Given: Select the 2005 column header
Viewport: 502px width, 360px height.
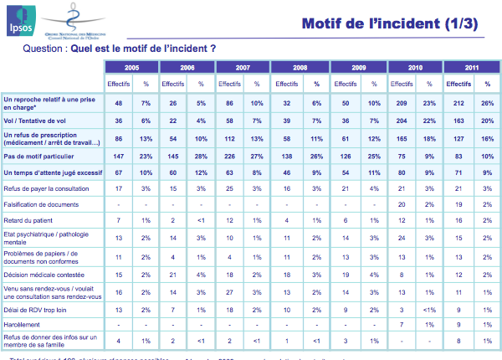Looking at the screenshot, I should pyautogui.click(x=132, y=66).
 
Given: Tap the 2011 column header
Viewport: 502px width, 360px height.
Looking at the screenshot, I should pyautogui.click(x=472, y=66).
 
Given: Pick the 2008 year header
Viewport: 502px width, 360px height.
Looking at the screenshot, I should pyautogui.click(x=302, y=66).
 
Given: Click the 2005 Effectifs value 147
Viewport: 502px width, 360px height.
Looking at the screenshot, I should pyautogui.click(x=118, y=157).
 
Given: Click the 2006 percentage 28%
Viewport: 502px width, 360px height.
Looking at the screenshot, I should pyautogui.click(x=202, y=157).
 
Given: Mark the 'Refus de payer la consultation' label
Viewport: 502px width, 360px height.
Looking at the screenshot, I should pyautogui.click(x=46, y=189).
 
